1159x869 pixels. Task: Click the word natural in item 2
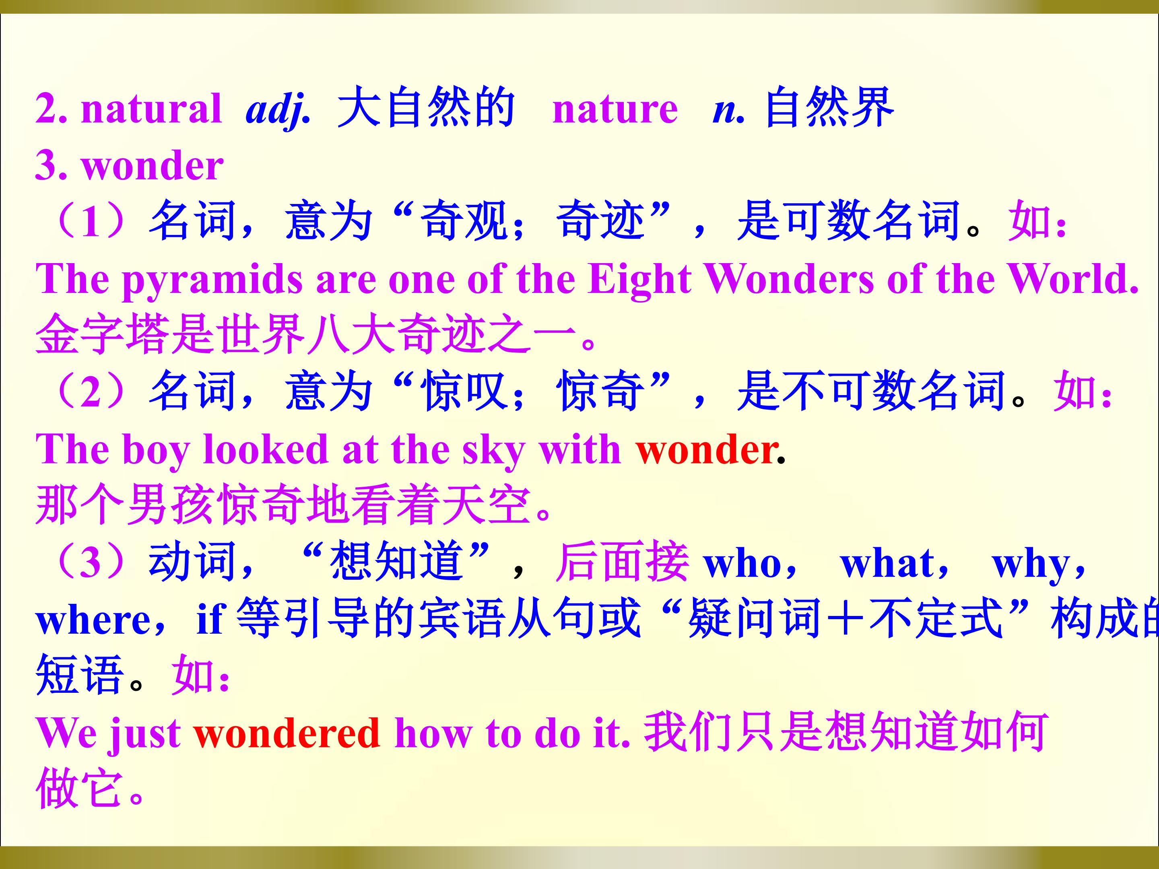coord(151,109)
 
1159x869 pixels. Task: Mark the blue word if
coord(210,619)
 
